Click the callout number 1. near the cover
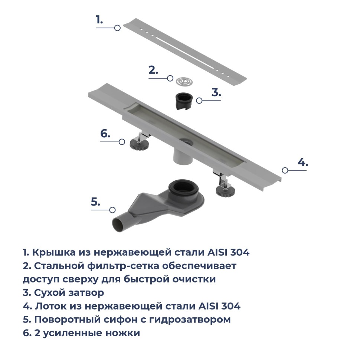99,20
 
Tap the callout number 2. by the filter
153,70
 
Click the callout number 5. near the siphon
96,202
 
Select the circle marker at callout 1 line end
117,28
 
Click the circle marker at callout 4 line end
285,170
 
